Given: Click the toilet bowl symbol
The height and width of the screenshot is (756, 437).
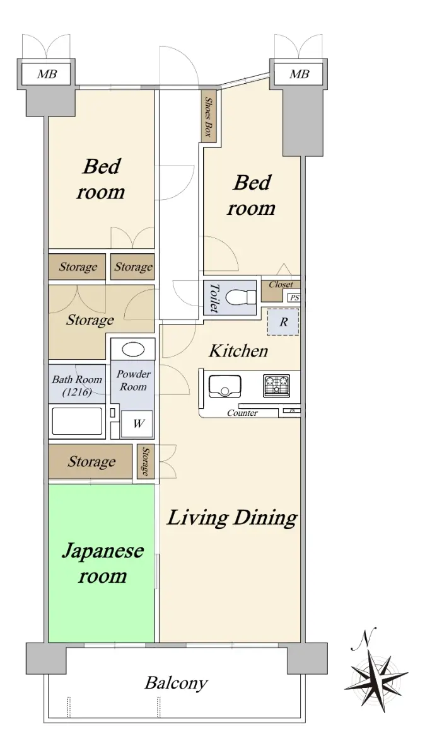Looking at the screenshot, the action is tap(240, 297).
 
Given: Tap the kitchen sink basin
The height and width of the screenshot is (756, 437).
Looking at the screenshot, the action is tap(224, 386).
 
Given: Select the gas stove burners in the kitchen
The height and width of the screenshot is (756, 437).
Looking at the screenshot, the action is tap(276, 386).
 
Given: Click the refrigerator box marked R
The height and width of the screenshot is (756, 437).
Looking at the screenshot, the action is tap(283, 322).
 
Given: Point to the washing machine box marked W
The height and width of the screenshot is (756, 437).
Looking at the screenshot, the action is tap(137, 423).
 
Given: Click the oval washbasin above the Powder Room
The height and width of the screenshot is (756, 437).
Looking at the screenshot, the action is tap(133, 349).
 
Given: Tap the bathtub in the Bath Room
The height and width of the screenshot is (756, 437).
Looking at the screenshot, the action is tap(77, 421).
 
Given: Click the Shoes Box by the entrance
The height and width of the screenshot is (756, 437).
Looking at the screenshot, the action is tap(209, 117).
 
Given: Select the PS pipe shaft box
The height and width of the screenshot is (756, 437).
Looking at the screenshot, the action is tap(294, 297).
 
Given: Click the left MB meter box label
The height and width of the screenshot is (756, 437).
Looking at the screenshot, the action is tap(47, 74).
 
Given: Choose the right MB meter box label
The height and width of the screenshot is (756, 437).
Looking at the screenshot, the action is tap(299, 74).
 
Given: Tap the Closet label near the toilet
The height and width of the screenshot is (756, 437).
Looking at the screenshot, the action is tap(281, 285).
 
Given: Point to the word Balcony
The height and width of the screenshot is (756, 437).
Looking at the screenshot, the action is tap(176, 684).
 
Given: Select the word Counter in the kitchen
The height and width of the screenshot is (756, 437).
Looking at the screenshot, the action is tap(242, 413).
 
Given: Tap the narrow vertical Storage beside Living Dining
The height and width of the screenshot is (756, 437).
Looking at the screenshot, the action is tap(146, 461).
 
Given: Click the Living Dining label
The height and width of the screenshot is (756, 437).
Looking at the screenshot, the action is tap(232, 518).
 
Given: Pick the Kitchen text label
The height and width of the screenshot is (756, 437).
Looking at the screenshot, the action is tap(238, 351).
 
